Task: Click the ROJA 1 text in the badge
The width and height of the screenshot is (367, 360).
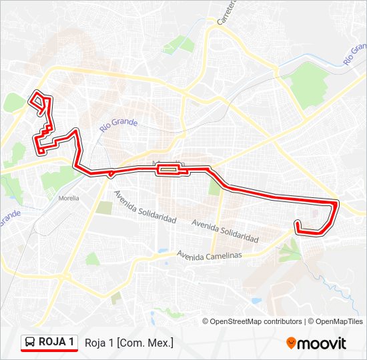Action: pos(57,342)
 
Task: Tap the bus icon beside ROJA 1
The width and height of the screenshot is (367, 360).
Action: pos(31,342)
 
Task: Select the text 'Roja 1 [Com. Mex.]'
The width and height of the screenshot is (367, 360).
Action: pos(129,343)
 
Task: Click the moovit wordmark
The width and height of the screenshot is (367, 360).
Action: pos(322,343)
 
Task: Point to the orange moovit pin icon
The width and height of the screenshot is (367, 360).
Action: pos(291,343)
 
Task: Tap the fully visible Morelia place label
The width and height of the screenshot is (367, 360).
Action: pos(69,198)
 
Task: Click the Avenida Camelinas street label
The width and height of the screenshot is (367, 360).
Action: pos(209,255)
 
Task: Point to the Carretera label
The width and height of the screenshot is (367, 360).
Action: pos(225,13)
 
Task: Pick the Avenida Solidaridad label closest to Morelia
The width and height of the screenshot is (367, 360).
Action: pos(145,207)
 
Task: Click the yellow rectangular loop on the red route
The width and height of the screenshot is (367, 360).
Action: pos(167,170)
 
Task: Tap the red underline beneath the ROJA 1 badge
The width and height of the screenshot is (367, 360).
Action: pos(50,351)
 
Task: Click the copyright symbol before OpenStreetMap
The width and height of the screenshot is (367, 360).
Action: pos(206,321)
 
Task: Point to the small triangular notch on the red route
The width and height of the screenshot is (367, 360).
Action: pos(110,175)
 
